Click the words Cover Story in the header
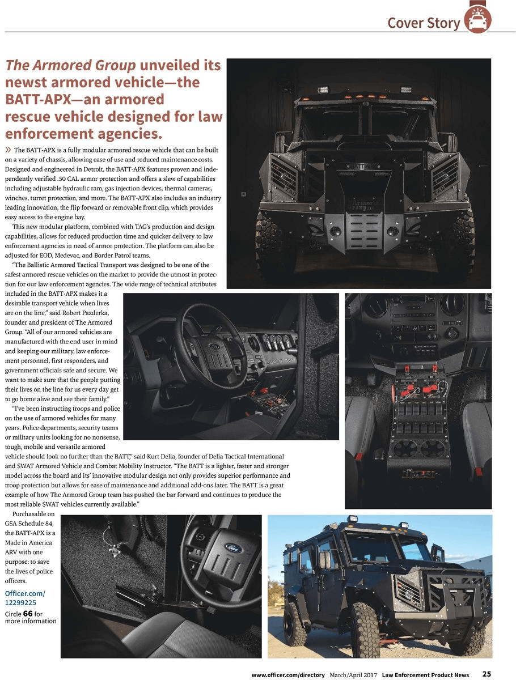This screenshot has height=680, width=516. click(x=424, y=23)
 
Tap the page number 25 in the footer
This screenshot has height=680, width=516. click(x=487, y=674)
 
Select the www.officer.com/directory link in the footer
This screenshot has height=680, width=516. click(x=288, y=674)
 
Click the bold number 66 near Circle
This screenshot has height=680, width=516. click(x=28, y=614)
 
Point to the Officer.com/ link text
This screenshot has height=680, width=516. click(x=25, y=593)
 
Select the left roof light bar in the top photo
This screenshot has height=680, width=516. click(x=324, y=90)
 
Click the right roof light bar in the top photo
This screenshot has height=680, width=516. click(x=406, y=90)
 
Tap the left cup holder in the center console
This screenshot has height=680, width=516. click(x=405, y=448)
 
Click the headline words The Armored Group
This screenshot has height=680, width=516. click(x=70, y=65)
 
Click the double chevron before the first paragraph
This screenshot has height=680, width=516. click(x=9, y=150)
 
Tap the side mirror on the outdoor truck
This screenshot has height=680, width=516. click(x=324, y=560)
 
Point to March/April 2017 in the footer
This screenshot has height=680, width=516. click(x=353, y=674)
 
